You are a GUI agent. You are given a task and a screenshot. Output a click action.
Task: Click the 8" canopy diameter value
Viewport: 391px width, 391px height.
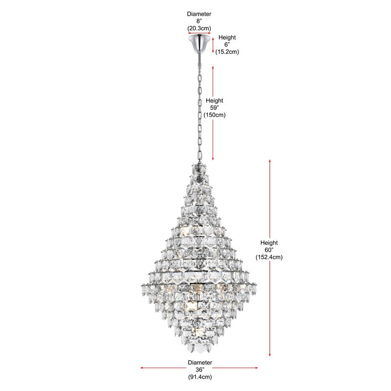[x=199, y=22]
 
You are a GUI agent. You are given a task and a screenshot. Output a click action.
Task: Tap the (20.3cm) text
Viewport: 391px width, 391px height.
[x=199, y=29]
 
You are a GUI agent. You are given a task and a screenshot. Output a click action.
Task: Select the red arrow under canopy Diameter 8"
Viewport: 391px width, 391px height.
[x=199, y=34]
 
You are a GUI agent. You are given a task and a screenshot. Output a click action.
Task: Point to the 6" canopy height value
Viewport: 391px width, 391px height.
[x=227, y=44]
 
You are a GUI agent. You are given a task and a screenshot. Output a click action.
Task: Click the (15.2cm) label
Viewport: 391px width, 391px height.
[x=227, y=51]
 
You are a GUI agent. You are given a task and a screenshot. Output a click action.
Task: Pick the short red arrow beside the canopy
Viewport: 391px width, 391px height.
[x=213, y=44]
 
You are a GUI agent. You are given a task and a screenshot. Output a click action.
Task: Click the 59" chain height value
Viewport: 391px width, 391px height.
[x=214, y=108]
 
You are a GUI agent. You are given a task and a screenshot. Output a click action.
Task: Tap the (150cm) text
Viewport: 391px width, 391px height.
[x=214, y=115]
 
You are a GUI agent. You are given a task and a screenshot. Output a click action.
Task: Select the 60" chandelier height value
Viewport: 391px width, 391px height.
[x=269, y=250]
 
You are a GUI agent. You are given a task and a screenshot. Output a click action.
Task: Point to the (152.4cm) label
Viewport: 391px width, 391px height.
[x=269, y=257]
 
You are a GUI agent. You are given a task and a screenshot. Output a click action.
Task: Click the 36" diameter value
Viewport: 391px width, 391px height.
[x=199, y=370]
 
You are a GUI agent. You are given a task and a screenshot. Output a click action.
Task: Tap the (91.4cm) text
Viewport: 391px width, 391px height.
[x=199, y=377]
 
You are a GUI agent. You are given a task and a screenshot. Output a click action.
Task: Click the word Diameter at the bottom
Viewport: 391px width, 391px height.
[x=199, y=363]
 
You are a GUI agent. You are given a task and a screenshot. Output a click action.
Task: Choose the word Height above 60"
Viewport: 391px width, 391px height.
[x=269, y=243]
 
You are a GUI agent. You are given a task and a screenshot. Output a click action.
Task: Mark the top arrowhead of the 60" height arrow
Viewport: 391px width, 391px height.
[x=270, y=161]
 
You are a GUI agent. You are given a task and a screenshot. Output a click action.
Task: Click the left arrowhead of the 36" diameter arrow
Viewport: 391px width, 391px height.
[x=142, y=368]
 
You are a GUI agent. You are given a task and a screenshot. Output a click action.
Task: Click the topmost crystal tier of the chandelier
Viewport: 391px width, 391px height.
[x=199, y=171]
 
